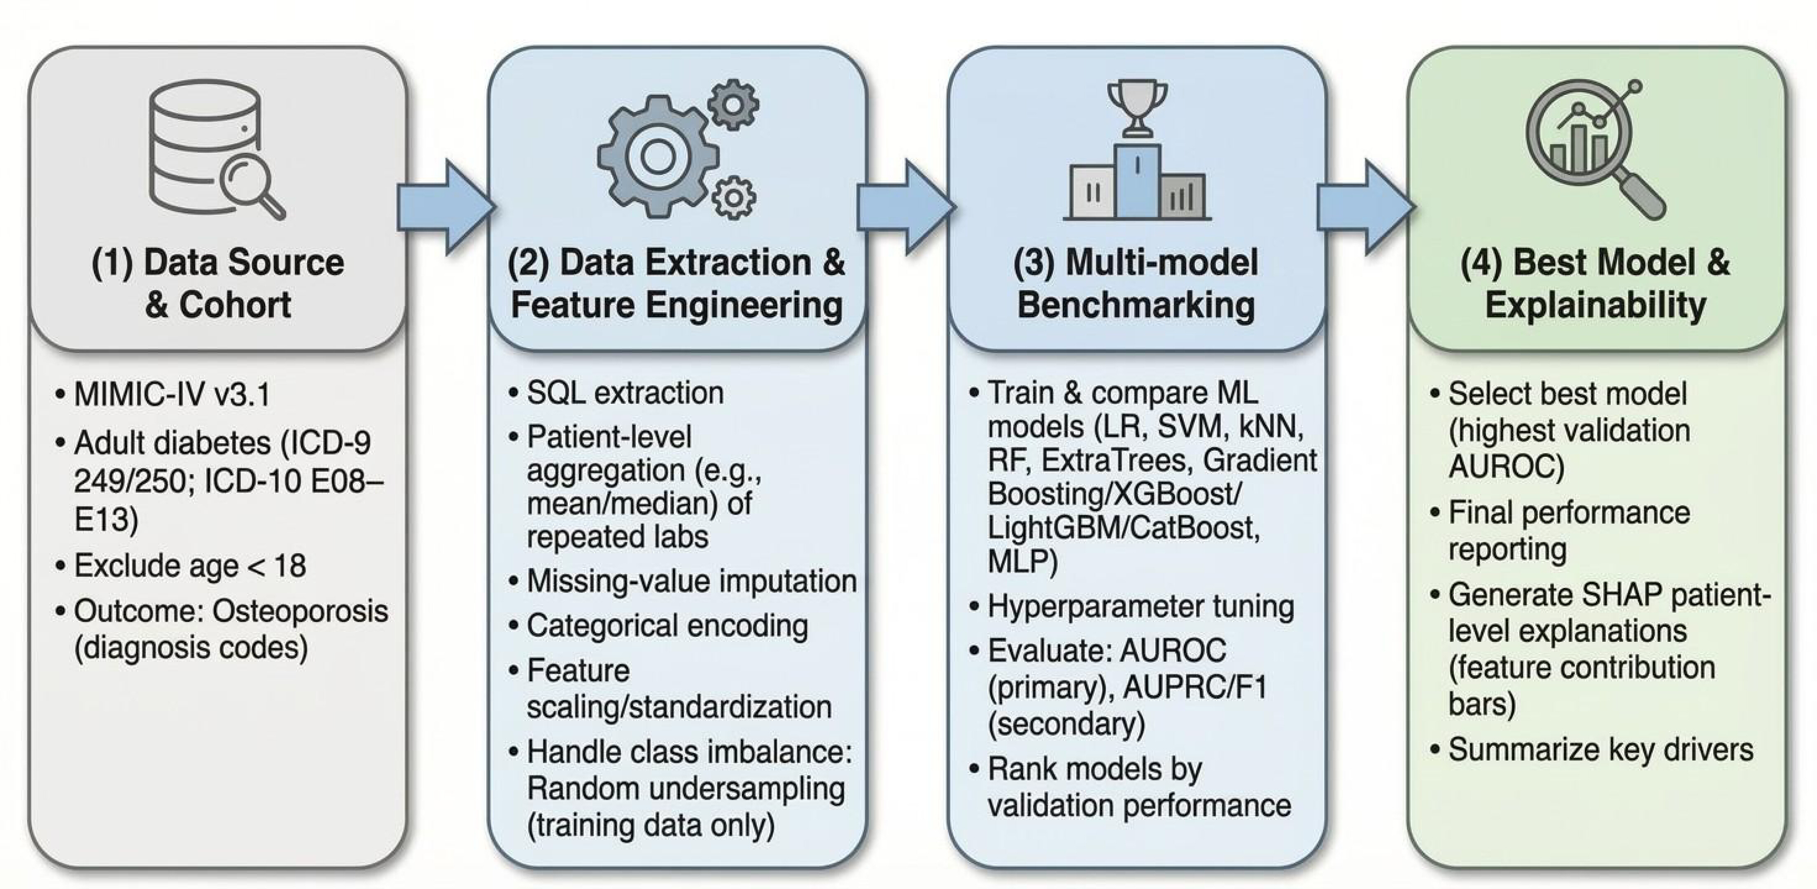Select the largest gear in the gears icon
pyautogui.click(x=658, y=157)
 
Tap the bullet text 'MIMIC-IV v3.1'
pyautogui.click(x=172, y=394)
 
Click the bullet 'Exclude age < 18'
pyautogui.click(x=190, y=566)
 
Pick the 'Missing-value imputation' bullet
pyautogui.click(x=691, y=581)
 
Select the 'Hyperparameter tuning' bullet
pyautogui.click(x=1141, y=607)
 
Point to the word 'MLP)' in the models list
pyautogui.click(x=1022, y=561)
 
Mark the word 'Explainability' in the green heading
pyautogui.click(x=1595, y=305)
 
